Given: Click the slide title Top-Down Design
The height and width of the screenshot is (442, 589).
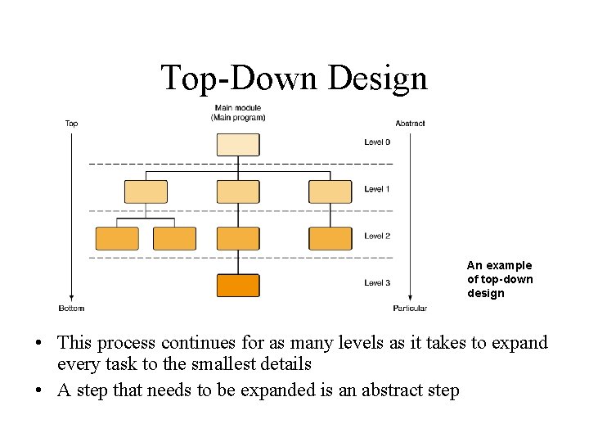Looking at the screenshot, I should (294, 78).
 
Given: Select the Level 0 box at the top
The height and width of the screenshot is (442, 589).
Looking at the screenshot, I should (238, 144).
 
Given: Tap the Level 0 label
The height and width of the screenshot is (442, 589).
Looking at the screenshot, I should (377, 142).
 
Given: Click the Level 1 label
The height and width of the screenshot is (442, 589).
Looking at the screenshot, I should (377, 189).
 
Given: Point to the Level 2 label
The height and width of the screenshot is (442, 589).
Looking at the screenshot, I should (377, 236).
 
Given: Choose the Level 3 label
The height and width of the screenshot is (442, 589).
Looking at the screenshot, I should (377, 283).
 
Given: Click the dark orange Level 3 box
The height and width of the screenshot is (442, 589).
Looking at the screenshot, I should (238, 285).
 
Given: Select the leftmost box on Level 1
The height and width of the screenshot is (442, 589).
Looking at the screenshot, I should (146, 192).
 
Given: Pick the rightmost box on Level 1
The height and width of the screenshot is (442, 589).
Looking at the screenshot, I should (330, 192).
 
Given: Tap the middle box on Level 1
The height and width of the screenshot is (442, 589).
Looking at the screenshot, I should (238, 192).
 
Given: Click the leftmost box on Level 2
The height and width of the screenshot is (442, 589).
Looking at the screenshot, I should (117, 238).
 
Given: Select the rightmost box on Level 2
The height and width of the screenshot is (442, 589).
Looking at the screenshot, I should (330, 238).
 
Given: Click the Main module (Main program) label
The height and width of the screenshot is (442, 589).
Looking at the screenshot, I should (238, 113).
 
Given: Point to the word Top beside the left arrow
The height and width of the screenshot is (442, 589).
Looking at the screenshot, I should (71, 124).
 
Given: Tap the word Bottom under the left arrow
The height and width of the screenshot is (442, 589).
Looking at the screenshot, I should (71, 309).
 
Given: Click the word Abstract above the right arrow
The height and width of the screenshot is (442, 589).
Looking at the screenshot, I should (410, 124).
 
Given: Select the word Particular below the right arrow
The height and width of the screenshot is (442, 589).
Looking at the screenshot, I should (410, 309).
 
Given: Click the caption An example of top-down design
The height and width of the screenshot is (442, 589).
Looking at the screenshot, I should (499, 279).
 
